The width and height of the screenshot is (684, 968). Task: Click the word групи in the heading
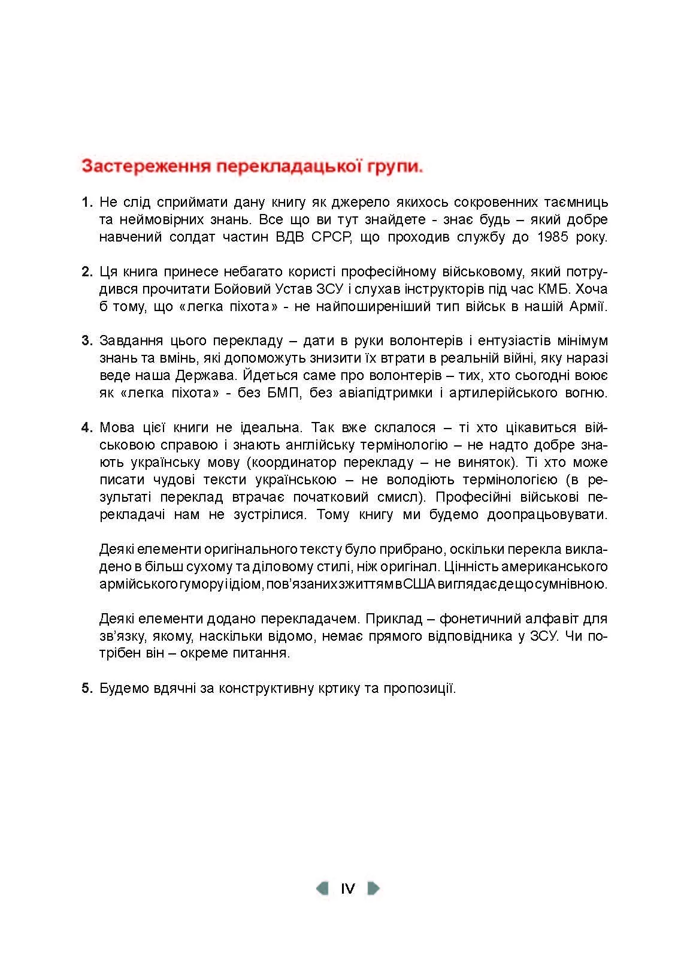coord(393,166)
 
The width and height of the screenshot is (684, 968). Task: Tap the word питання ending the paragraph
coord(263,653)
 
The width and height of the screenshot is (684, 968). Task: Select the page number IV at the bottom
coord(347,888)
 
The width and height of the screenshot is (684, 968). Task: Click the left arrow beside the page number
coord(322,888)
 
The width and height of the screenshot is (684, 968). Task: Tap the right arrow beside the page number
coord(373,888)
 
